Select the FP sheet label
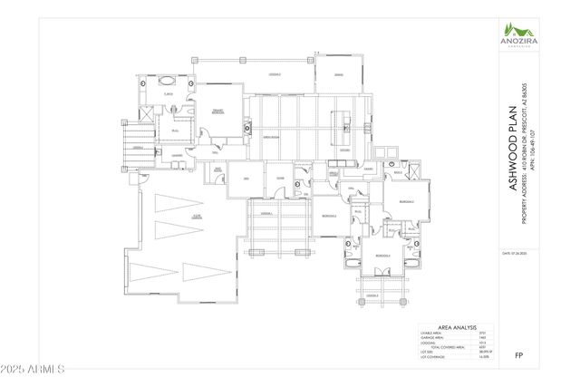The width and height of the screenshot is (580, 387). tap(518, 355)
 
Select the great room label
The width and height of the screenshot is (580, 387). tap(269, 136)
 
